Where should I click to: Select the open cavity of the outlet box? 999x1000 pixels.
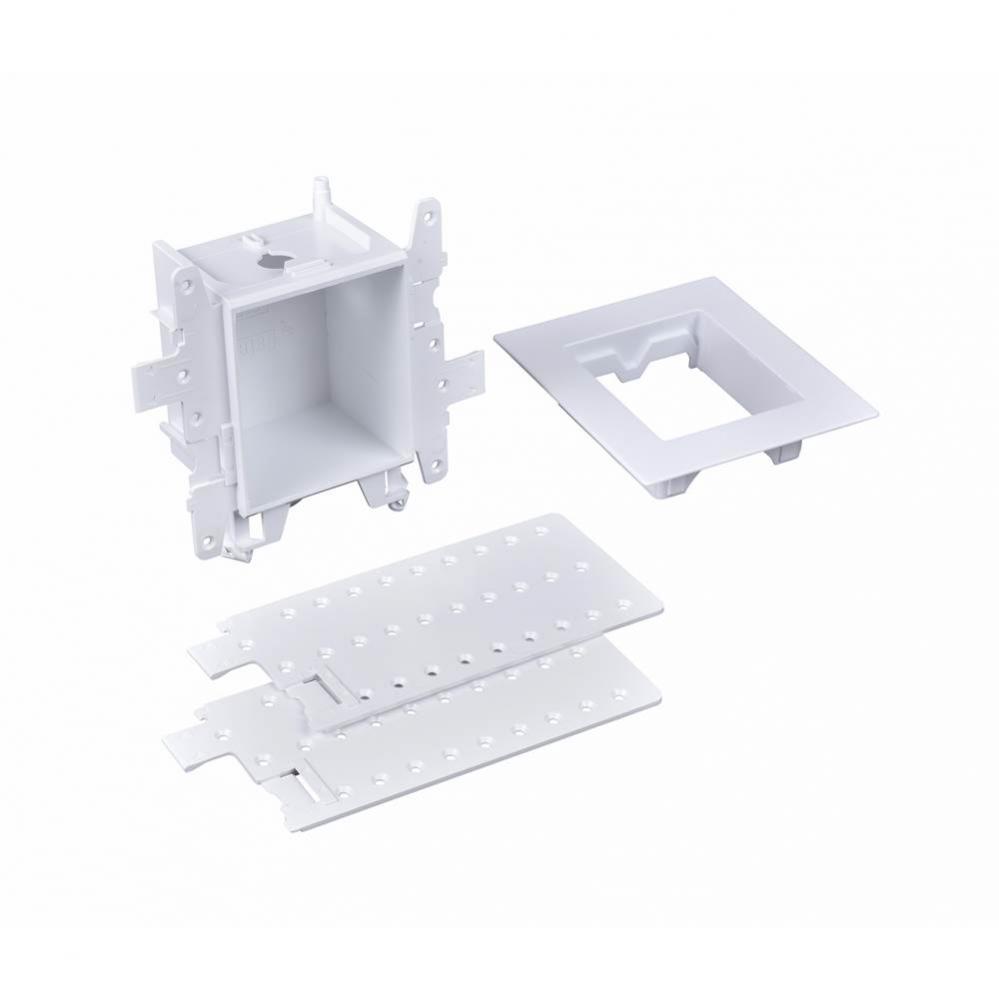tap(310, 390)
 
